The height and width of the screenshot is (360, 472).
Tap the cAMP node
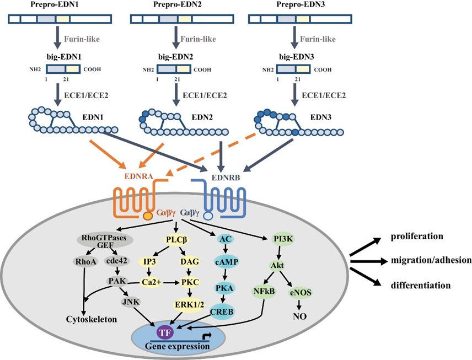coord(226,262)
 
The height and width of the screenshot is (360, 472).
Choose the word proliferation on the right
coord(417,236)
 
